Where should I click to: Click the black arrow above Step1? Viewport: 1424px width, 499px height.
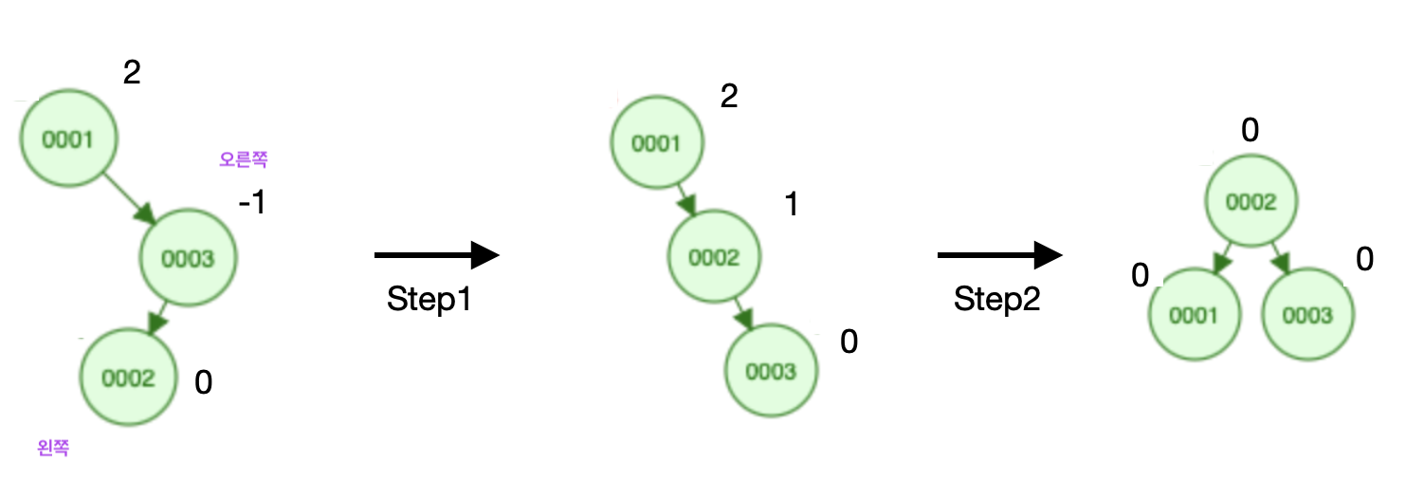click(437, 255)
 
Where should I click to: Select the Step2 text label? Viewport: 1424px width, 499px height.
click(996, 300)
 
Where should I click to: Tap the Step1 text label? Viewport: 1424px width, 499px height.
click(429, 300)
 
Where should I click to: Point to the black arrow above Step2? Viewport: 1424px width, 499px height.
click(998, 255)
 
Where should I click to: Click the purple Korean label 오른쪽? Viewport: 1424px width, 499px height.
click(244, 160)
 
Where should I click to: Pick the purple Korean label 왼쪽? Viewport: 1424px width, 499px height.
click(53, 448)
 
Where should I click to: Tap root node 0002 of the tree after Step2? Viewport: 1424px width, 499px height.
click(1251, 202)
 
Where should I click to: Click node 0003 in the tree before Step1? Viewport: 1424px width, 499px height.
click(189, 257)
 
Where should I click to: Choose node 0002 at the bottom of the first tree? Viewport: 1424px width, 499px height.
click(129, 379)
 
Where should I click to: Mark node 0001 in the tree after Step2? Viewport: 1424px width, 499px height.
click(1194, 315)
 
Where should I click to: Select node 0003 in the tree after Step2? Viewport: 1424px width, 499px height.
click(1307, 315)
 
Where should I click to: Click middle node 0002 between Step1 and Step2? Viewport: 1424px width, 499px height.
click(715, 257)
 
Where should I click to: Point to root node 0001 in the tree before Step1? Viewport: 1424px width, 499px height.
click(68, 140)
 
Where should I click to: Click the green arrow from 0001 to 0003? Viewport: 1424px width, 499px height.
click(132, 198)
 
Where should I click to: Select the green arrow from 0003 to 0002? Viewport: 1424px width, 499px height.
click(159, 316)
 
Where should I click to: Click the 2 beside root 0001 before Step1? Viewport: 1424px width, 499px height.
click(132, 73)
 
